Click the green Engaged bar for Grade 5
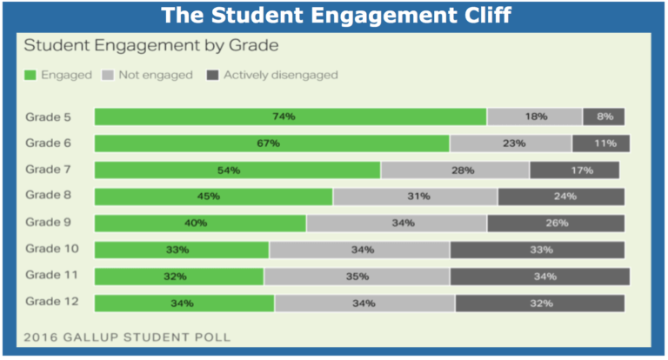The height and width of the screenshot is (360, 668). click(290, 117)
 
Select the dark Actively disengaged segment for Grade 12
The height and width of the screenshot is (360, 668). click(539, 303)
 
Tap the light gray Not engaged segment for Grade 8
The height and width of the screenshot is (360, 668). click(415, 197)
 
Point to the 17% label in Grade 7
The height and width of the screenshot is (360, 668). click(575, 170)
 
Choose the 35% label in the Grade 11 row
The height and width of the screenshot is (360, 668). click(357, 277)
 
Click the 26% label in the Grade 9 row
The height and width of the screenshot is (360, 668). click(556, 223)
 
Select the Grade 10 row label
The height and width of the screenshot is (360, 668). click(52, 249)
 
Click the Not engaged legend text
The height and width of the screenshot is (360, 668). click(157, 76)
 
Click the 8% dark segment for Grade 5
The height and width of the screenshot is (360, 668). click(604, 117)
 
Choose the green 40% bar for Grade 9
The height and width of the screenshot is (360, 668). click(200, 223)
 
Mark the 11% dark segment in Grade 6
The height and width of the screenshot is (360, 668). click(600, 143)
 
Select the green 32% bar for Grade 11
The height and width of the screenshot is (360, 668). click(179, 277)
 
